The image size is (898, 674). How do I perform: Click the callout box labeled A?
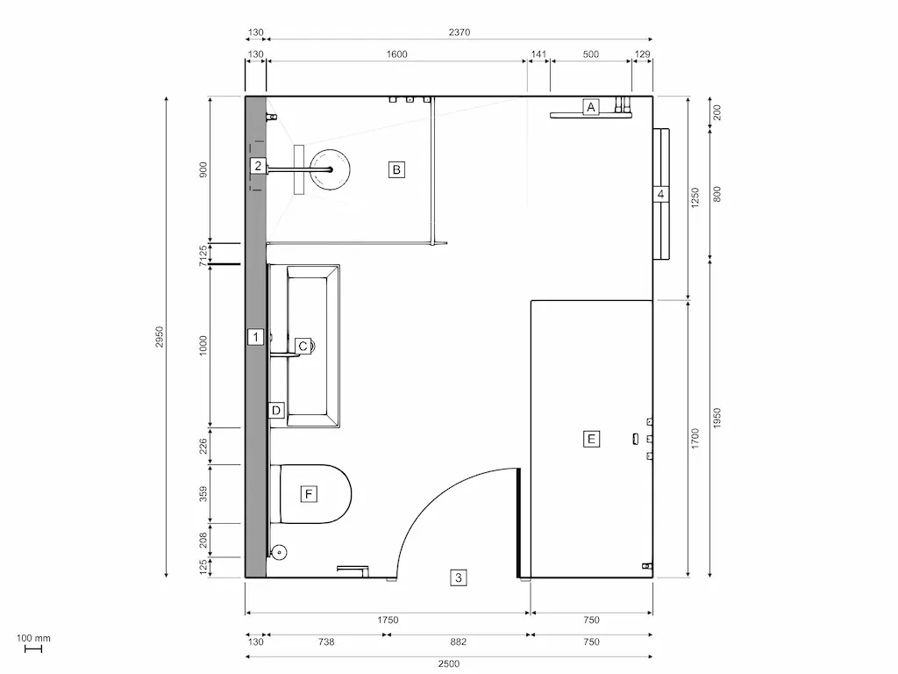coord(591,107)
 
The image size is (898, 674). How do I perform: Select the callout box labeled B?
coord(396,169)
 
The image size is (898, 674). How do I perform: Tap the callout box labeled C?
coord(303,347)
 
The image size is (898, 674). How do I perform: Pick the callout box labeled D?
coord(275,410)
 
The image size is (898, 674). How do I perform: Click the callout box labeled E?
coord(591,438)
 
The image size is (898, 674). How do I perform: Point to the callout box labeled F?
coord(308,494)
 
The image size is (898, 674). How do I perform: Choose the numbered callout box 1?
coord(255,336)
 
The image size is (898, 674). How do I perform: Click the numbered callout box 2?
coord(257,165)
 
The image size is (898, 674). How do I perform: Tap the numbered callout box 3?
coord(459,577)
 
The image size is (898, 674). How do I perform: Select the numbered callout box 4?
coord(661,194)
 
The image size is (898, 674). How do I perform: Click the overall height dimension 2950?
coord(160,337)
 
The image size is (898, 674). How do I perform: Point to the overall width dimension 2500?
coord(448,663)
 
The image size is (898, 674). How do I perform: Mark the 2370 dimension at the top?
coord(460,32)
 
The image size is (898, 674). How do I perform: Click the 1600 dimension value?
coord(396,54)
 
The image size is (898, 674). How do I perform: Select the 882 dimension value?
coord(456,642)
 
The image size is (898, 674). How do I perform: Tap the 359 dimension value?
coord(203,494)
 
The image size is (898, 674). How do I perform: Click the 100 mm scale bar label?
coord(33,638)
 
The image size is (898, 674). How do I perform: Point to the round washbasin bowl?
coord(331,168)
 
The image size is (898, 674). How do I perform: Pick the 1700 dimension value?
coord(695,438)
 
